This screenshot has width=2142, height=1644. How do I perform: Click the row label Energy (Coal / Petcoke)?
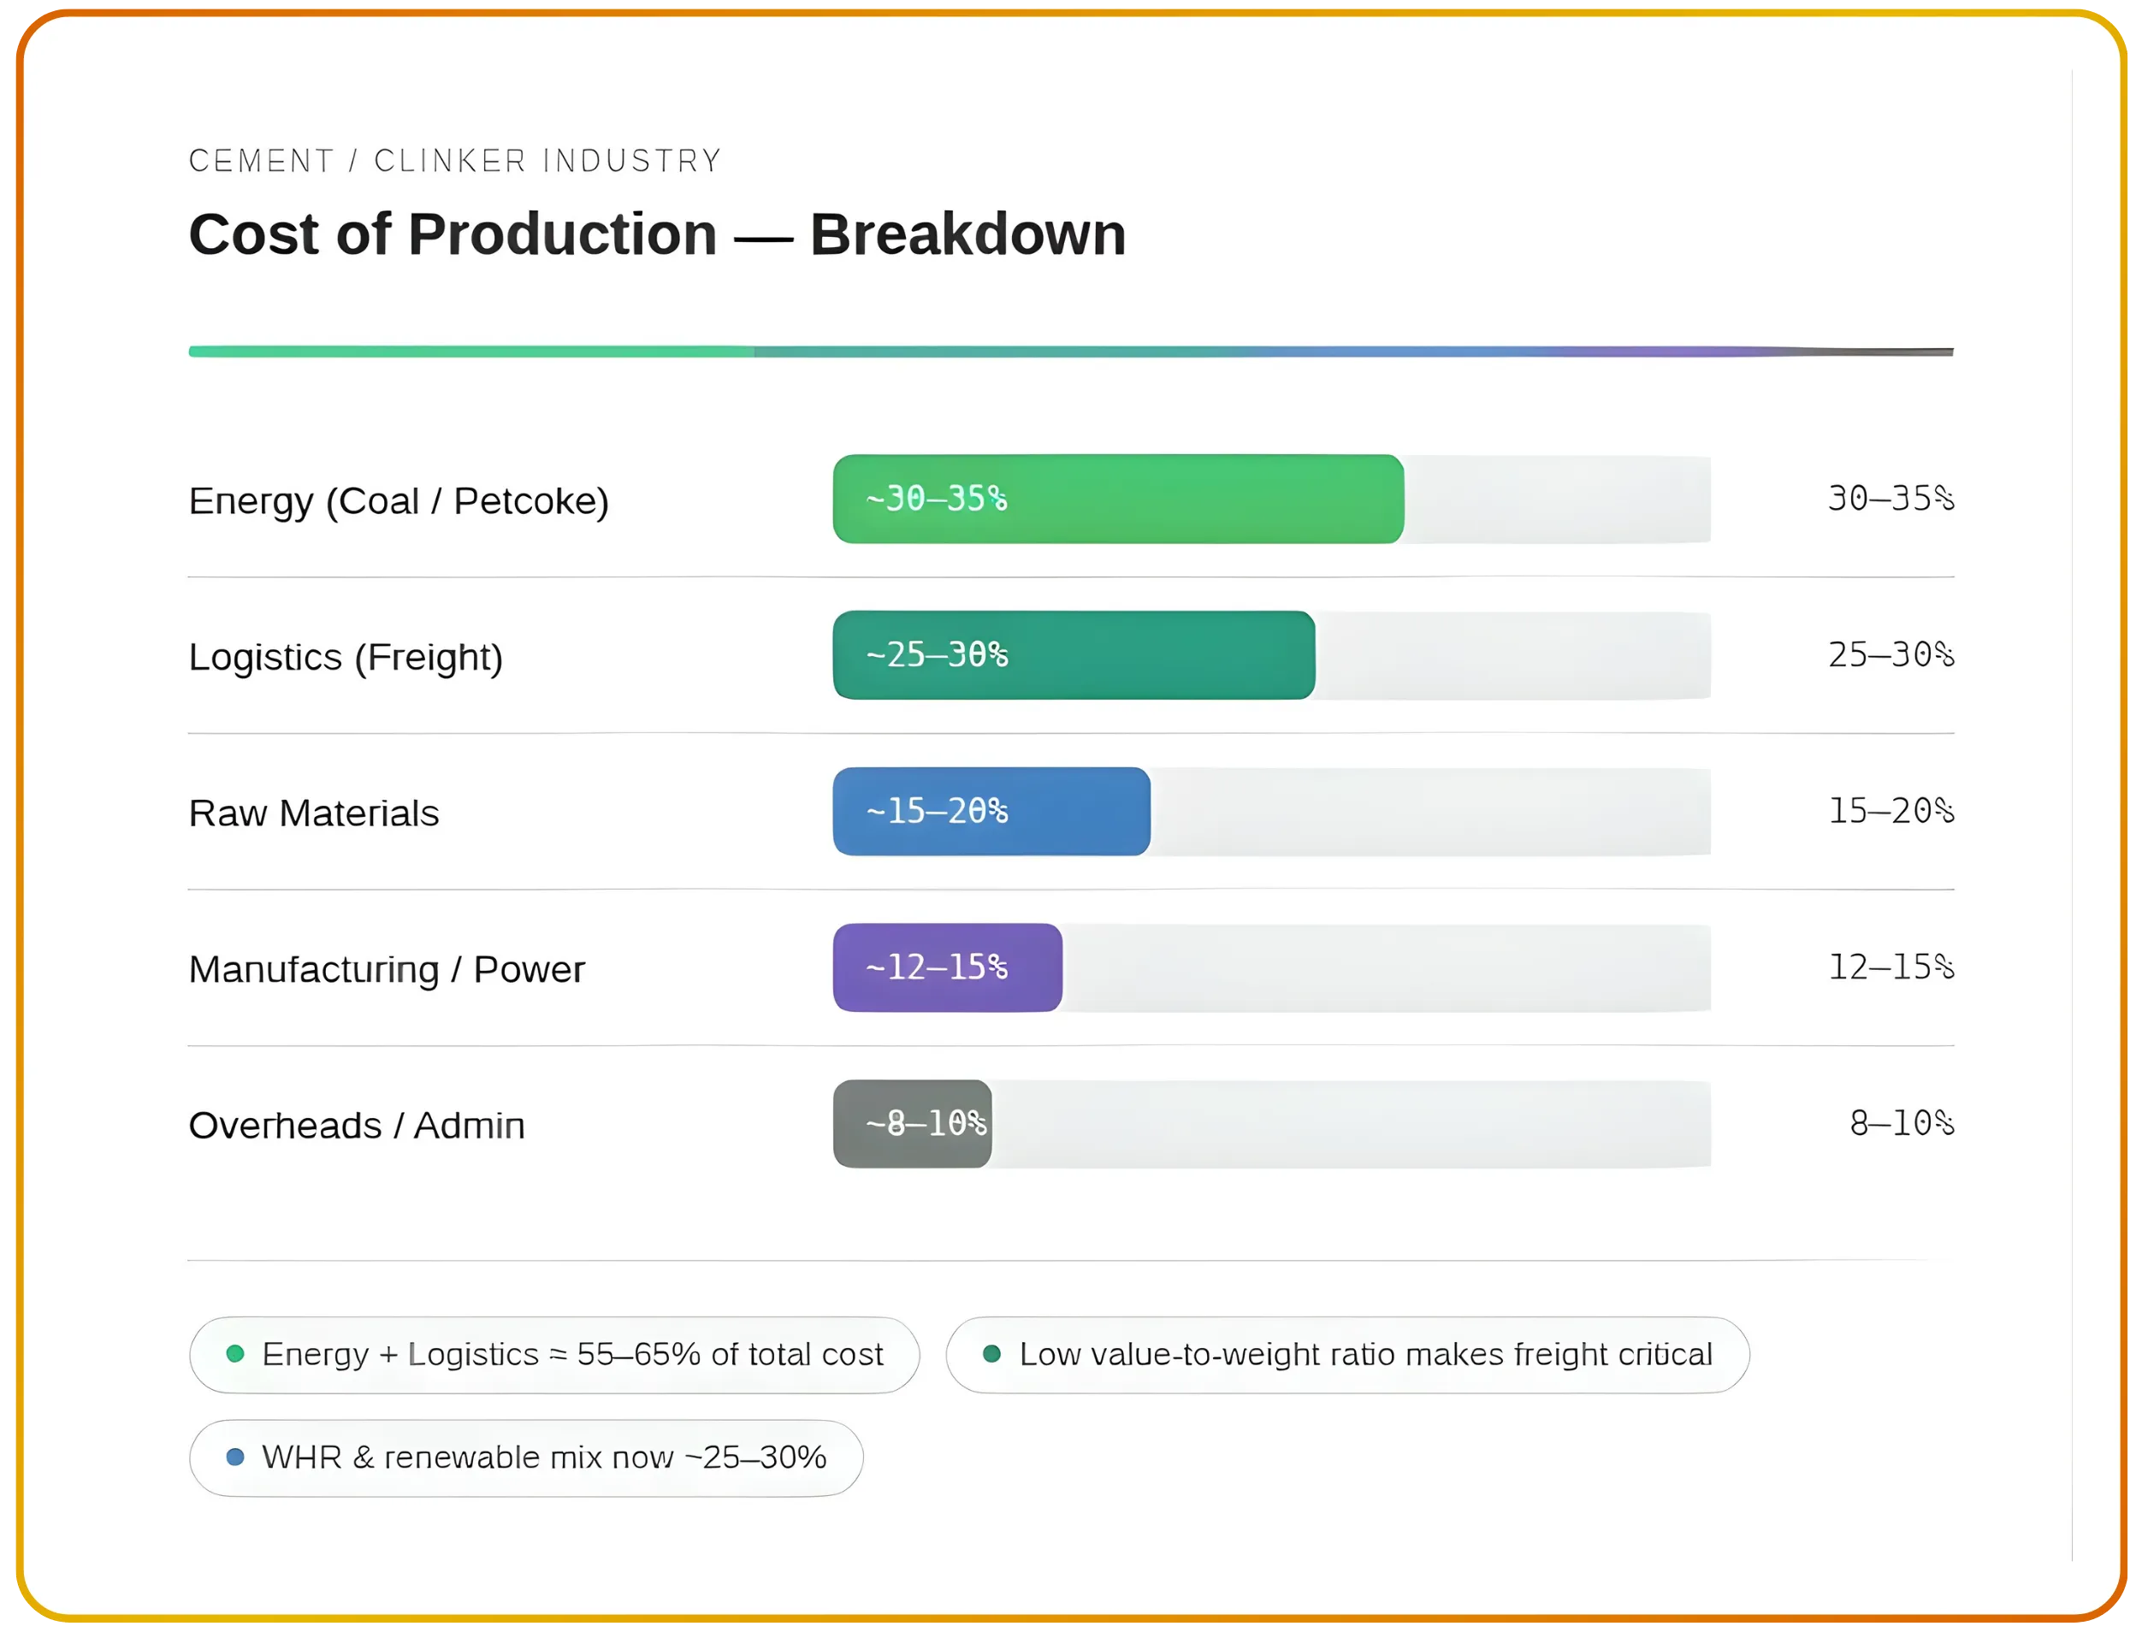coord(399,501)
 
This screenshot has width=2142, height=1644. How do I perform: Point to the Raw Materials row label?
coord(313,813)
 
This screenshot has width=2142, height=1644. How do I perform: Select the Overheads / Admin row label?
coord(356,1126)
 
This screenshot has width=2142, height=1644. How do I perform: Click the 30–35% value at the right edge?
coord(1890,499)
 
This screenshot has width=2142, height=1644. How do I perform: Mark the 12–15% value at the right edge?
coord(1890,967)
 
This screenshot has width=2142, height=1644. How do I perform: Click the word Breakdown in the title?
coord(967,235)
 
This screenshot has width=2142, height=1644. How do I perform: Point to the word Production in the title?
coord(562,235)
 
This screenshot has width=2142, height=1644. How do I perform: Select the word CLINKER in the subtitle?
coord(450,161)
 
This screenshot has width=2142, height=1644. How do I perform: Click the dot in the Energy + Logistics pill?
coord(235,1353)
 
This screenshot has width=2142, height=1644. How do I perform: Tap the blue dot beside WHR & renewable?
coord(235,1457)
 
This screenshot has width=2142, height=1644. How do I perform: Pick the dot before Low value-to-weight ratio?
coord(991,1353)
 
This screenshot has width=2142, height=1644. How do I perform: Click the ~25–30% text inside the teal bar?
coord(937,654)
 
